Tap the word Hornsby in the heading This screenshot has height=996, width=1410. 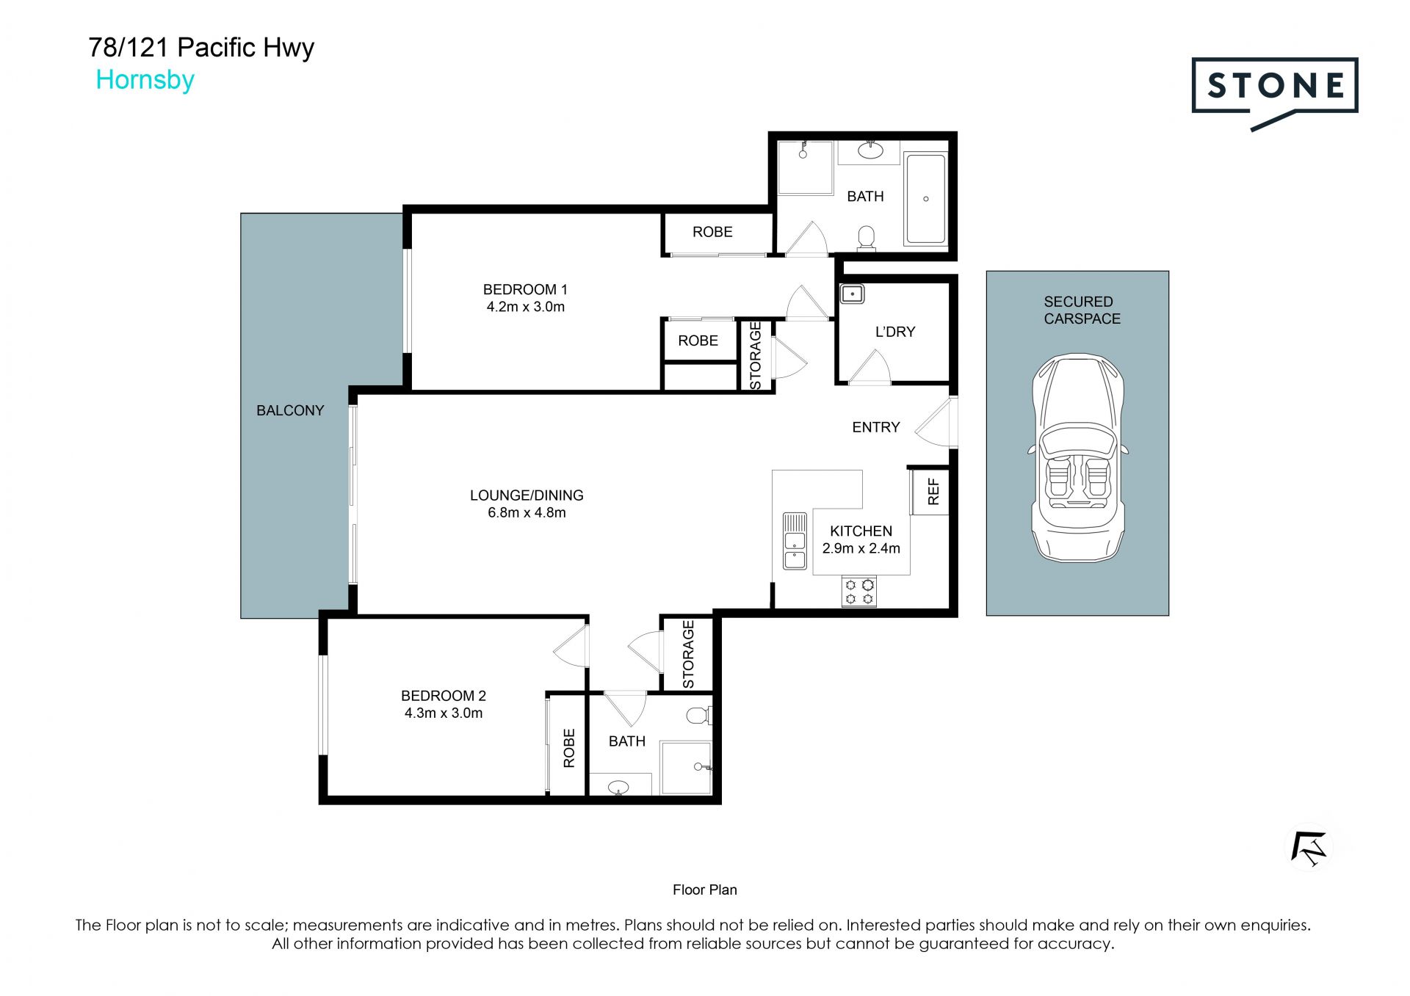145,80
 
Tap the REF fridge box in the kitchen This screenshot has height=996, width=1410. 928,492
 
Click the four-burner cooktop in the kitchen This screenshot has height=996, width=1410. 859,592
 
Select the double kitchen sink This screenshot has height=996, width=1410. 795,542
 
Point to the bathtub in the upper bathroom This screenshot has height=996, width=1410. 925,198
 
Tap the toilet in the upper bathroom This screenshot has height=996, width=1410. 867,239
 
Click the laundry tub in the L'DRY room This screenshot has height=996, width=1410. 852,294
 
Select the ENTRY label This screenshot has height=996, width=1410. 875,427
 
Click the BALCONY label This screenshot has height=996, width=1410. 290,410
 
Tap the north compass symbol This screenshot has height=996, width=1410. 1309,848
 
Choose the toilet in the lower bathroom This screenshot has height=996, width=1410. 698,715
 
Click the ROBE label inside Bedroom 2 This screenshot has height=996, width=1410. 569,748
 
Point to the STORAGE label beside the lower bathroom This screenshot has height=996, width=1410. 688,655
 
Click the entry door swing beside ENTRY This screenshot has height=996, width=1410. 935,423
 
